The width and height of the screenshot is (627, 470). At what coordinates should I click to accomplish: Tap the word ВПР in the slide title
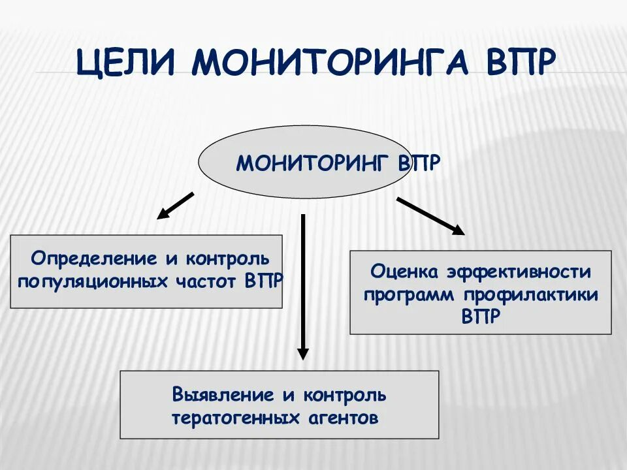(521, 63)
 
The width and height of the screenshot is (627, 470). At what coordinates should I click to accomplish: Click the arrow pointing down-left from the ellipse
(175, 205)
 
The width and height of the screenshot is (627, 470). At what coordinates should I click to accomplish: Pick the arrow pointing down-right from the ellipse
(430, 215)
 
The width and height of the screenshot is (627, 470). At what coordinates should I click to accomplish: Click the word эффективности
(519, 271)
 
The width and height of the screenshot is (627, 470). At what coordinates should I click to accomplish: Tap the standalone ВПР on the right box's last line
(481, 317)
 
